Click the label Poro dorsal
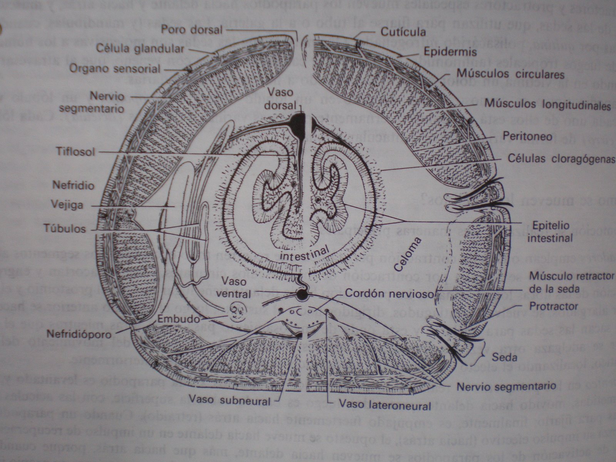pos(191,29)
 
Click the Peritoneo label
pos(527,136)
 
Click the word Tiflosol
pos(74,151)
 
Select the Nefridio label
pos(73,185)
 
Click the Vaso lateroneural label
pos(385,405)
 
